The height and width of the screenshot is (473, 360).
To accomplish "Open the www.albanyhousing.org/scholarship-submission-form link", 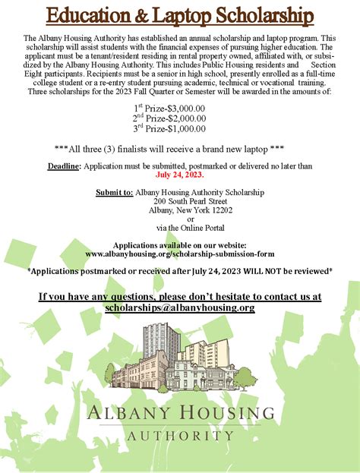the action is [x=180, y=254].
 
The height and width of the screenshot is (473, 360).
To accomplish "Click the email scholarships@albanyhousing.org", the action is [x=180, y=307].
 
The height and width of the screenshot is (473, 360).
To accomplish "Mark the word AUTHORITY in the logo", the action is [x=180, y=436].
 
